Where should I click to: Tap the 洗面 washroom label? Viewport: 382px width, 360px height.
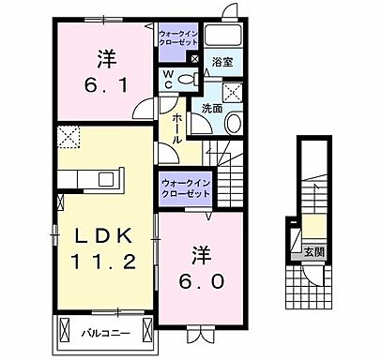click(211, 108)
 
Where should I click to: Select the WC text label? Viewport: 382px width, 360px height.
click(166, 79)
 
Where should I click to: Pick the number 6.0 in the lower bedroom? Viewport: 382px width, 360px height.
click(203, 278)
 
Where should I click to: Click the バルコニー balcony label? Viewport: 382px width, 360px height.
click(104, 332)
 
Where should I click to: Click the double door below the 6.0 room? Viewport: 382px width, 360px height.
click(200, 332)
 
